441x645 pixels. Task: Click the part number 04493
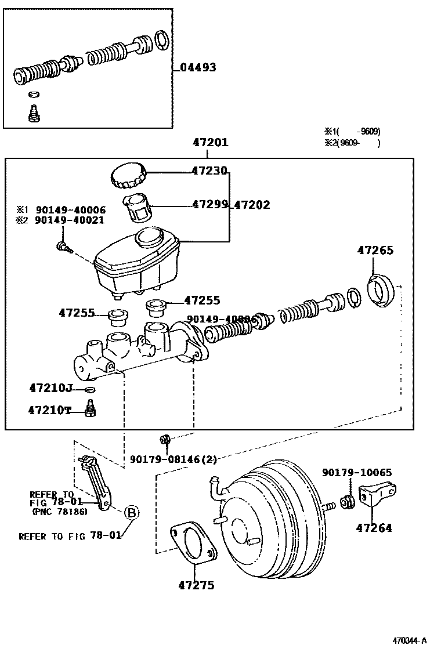pos(198,67)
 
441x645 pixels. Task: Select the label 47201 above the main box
pos(210,142)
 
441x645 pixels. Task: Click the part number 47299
pos(211,205)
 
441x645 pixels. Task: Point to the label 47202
pos(252,205)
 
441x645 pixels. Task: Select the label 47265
pos(375,251)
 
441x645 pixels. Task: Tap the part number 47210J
pos(50,387)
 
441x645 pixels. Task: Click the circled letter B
pos(132,512)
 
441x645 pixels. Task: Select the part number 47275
pos(196,585)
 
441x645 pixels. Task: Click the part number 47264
pos(374,528)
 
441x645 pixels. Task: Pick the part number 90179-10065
pos(357,473)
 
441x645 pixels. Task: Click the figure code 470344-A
pos(410,640)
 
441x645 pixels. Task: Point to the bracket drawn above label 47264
pos(375,494)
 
